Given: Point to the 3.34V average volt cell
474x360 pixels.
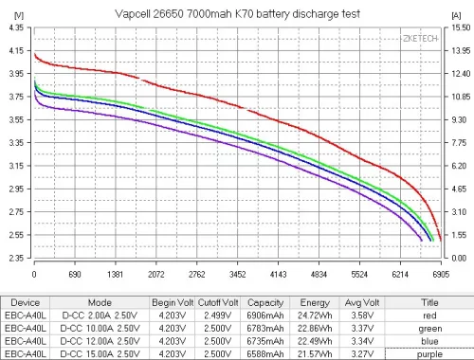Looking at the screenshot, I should click(369, 341).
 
